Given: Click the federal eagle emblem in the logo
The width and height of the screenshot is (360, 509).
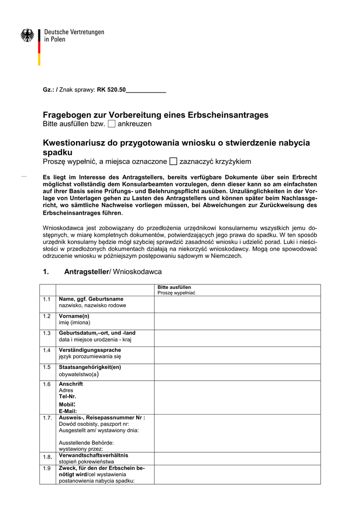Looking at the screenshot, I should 27,35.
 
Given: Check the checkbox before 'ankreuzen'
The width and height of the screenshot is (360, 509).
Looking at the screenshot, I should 111,123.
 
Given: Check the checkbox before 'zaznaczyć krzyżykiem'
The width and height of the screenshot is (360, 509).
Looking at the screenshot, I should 173,161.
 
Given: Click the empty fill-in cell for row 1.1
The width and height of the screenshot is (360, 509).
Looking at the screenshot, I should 237,304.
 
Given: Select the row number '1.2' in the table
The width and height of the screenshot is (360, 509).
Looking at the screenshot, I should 47,316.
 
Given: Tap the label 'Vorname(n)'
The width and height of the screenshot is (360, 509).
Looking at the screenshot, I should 74,316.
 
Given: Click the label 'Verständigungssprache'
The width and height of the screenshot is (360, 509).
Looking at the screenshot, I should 90,350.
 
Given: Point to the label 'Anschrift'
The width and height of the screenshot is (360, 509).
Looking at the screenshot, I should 71,384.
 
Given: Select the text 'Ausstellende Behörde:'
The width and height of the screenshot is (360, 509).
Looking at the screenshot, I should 86,442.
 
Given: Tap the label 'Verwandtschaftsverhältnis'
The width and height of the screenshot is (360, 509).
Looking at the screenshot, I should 93,455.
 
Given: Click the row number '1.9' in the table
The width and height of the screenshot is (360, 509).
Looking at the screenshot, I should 47,469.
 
